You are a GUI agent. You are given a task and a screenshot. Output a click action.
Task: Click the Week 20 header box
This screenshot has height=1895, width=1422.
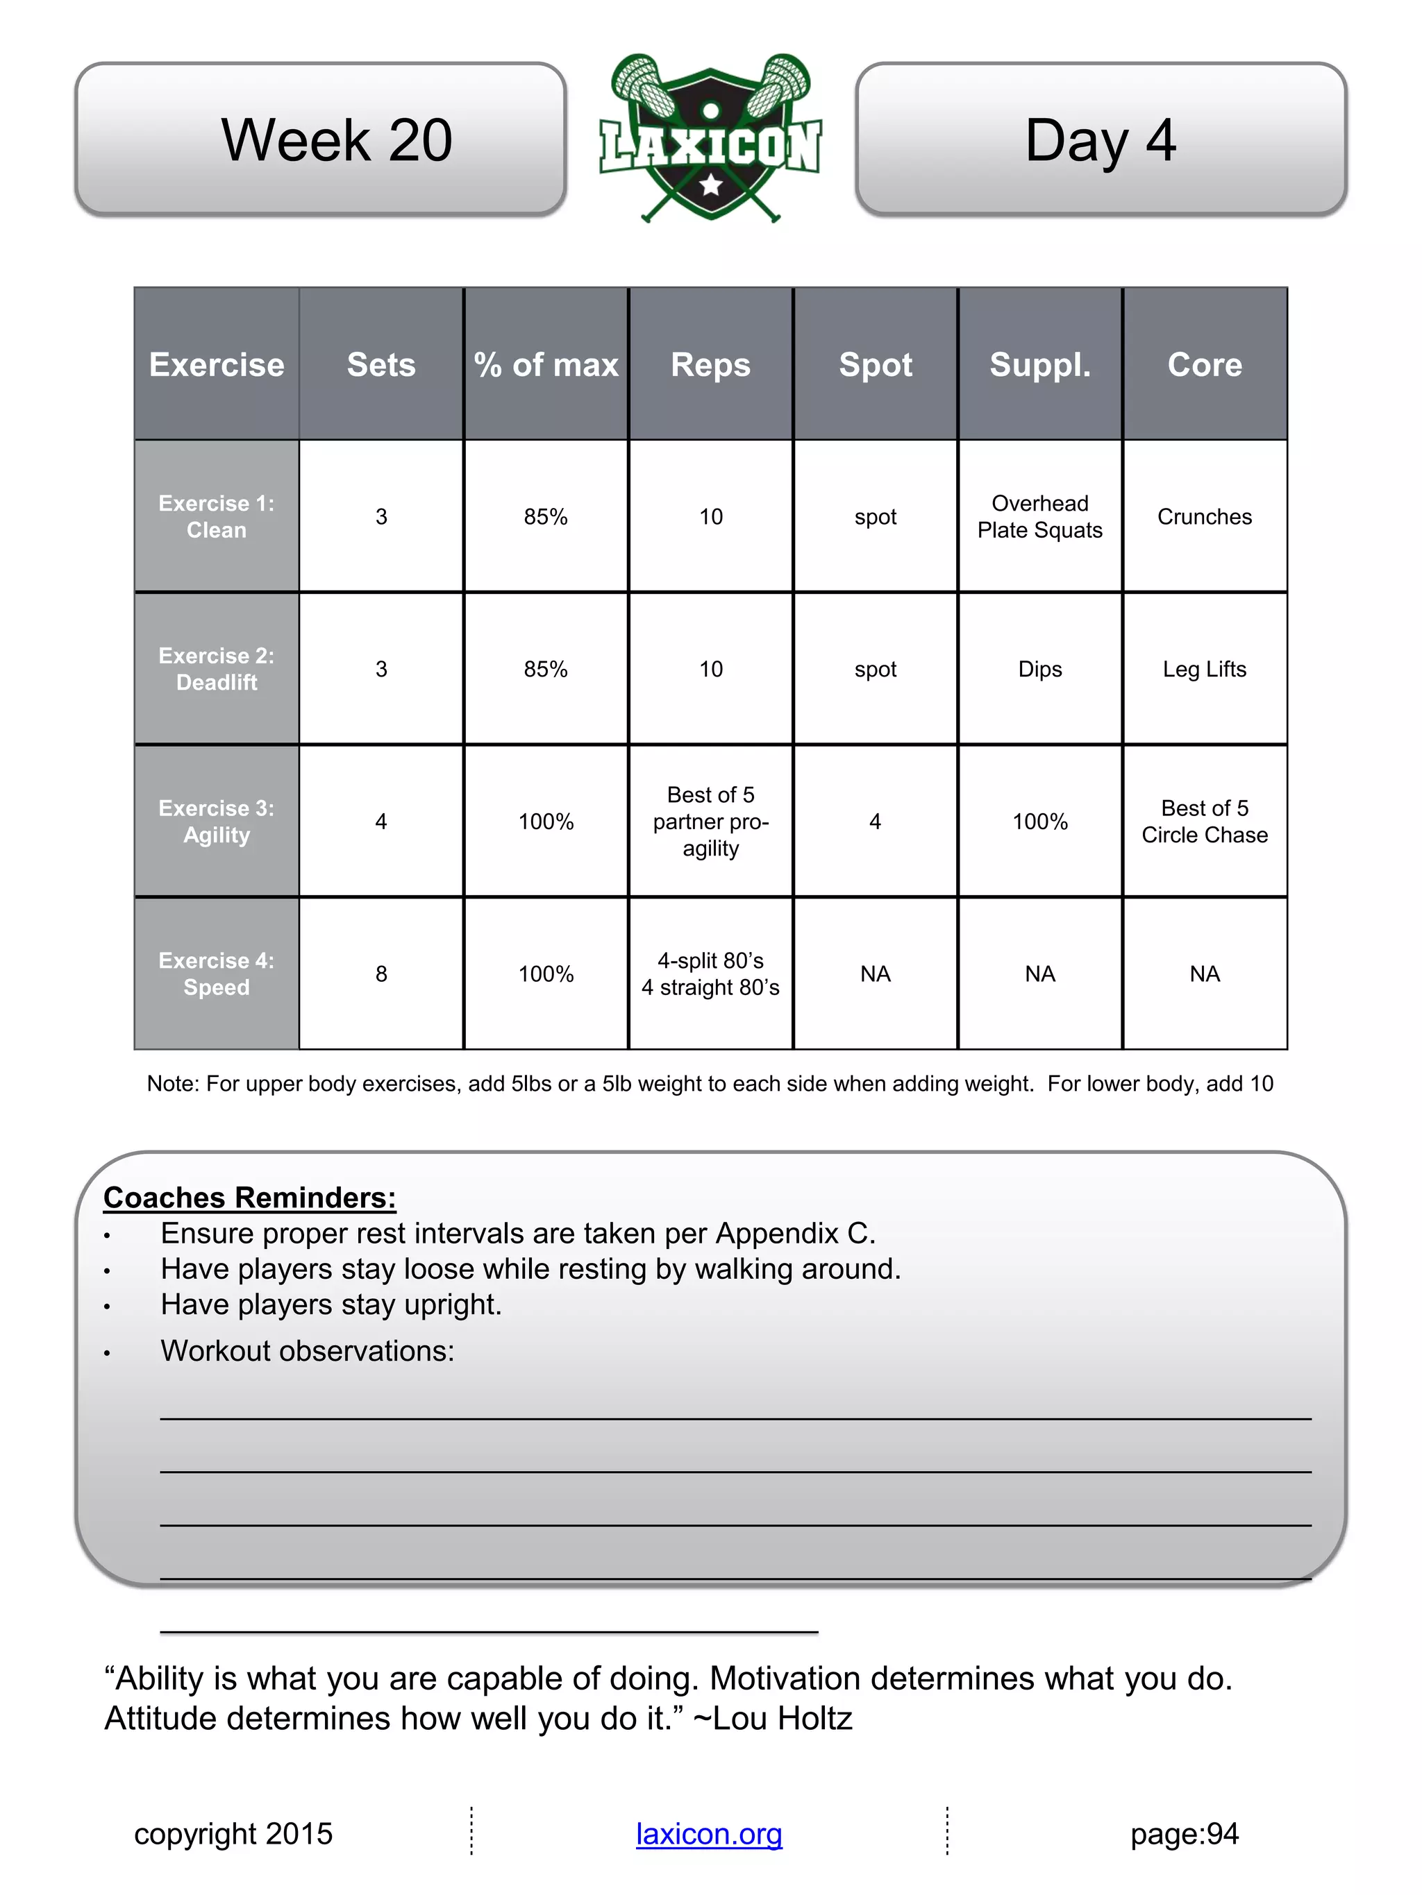point(321,139)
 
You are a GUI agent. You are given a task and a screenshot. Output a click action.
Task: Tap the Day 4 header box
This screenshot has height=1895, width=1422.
point(1101,139)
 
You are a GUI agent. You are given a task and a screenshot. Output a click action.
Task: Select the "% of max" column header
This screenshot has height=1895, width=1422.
point(546,365)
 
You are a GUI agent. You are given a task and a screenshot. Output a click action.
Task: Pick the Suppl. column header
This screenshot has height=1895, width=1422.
point(1039,365)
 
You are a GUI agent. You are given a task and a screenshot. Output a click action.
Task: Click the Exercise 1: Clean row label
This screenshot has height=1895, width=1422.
point(217,516)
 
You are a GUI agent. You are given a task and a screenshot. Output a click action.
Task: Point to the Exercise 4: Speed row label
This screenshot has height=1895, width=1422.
point(217,974)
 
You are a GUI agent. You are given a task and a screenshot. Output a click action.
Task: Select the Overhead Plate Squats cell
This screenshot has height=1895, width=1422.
point(1039,516)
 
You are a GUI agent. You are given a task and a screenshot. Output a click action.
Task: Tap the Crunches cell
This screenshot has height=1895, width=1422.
point(1204,516)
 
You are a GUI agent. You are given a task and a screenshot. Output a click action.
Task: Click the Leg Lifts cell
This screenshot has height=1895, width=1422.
point(1204,669)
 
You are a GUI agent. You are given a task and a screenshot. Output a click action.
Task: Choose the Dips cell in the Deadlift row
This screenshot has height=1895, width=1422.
point(1039,669)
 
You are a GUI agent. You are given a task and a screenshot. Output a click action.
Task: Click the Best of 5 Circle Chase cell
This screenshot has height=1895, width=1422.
point(1204,822)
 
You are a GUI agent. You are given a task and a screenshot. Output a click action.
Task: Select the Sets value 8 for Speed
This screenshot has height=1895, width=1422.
point(381,974)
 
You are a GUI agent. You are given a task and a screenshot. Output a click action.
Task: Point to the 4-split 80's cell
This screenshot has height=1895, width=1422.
point(710,974)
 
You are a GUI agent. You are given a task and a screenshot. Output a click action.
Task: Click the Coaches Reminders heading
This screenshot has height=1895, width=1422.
point(249,1198)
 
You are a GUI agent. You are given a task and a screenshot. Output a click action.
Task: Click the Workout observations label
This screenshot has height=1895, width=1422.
point(307,1351)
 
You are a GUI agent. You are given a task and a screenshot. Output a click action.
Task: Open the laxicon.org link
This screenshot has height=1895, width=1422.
point(709,1834)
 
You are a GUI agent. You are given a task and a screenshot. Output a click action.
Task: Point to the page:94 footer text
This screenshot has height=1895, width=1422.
point(1184,1834)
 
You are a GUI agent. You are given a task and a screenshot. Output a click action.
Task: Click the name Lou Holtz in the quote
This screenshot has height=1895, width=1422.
point(782,1719)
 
